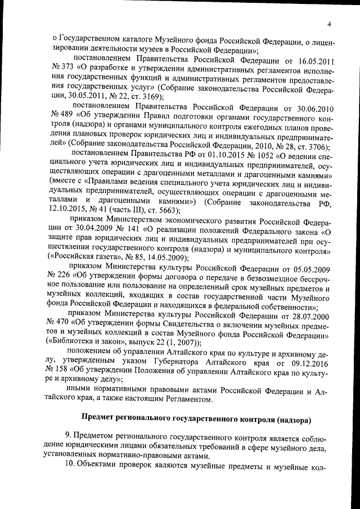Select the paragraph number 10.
[x=70, y=467]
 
